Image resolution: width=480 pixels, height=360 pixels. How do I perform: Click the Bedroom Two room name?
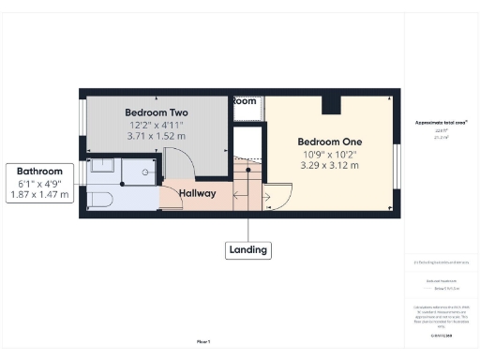(157, 112)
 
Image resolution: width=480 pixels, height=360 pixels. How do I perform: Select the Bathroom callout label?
(38, 172)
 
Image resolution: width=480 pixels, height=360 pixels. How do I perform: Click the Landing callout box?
(247, 249)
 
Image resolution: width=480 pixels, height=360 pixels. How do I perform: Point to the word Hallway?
(198, 194)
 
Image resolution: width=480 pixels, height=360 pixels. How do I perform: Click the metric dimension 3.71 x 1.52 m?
(157, 136)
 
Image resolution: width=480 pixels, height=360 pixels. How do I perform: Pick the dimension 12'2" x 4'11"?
(157, 125)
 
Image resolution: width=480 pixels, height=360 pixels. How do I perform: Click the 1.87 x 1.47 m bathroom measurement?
(38, 195)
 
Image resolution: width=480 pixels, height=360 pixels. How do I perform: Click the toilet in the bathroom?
(100, 198)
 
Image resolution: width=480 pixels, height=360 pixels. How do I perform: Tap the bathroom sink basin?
(103, 167)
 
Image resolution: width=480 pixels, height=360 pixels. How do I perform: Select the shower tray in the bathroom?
(141, 169)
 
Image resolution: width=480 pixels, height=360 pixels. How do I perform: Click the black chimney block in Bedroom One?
(331, 103)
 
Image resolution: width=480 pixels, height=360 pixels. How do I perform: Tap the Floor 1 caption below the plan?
(203, 341)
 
